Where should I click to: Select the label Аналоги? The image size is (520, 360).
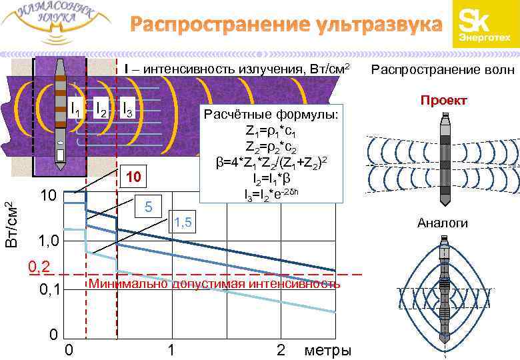[x=442, y=223]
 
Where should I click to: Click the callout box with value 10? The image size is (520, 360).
[x=135, y=177]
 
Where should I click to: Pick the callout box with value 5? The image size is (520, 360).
[x=150, y=207]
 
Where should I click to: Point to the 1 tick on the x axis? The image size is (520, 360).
[x=171, y=350]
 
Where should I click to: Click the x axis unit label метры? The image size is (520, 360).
[x=327, y=350]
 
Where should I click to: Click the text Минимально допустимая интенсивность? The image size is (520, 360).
[x=214, y=284]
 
